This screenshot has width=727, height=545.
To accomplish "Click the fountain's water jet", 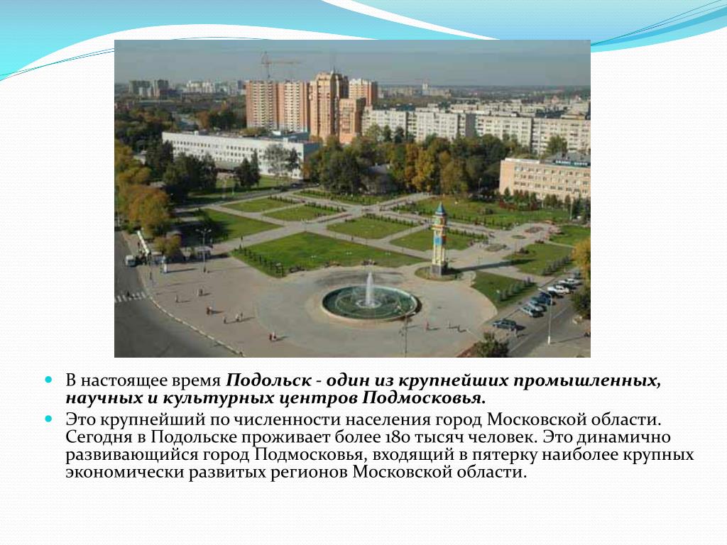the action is tap(369, 290).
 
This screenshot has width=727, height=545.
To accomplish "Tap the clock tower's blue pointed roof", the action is tap(440, 209).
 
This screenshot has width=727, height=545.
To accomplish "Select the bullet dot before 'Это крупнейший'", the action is tap(49, 419).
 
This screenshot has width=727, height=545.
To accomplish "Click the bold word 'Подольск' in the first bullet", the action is tap(268, 380).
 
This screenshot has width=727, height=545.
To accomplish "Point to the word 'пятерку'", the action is tap(504, 455).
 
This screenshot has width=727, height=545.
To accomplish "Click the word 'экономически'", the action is tap(124, 473).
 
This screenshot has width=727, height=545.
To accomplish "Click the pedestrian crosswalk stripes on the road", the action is tap(131, 297).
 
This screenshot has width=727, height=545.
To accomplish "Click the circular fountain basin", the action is tap(371, 304).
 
